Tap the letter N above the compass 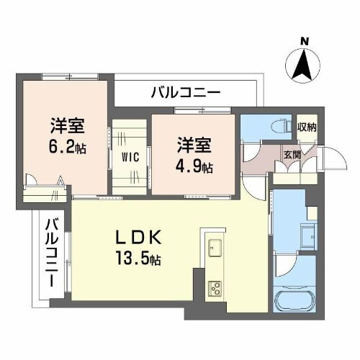pyautogui.click(x=305, y=42)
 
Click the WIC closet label pyautogui.click(x=130, y=156)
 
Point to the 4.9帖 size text pyautogui.click(x=195, y=166)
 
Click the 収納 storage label pyautogui.click(x=306, y=127)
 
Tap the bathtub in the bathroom pyautogui.click(x=297, y=302)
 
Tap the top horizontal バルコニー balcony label pyautogui.click(x=186, y=92)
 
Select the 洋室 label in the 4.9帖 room pyautogui.click(x=195, y=144)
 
